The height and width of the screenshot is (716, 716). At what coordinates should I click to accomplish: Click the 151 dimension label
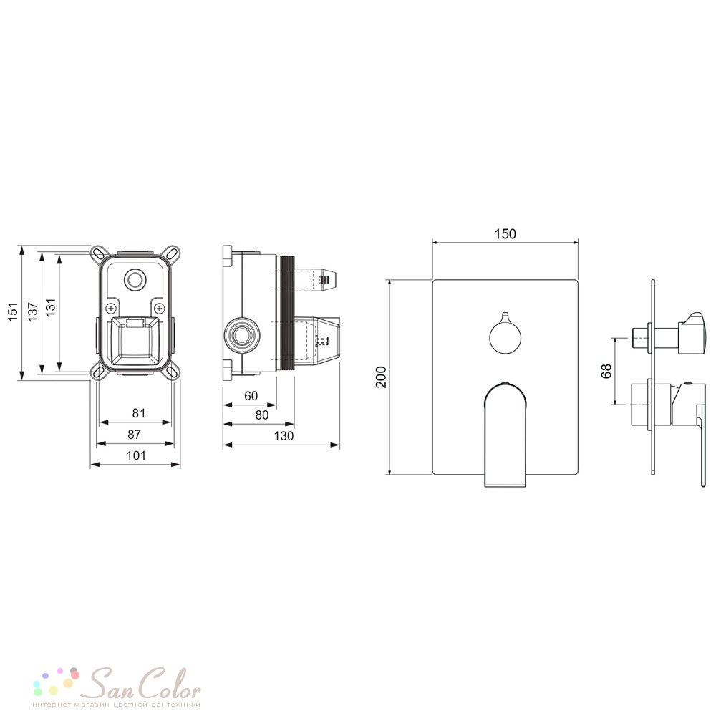(13, 311)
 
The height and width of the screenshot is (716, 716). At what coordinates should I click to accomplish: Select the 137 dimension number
(33, 311)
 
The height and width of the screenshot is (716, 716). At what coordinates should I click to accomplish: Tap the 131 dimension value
(50, 307)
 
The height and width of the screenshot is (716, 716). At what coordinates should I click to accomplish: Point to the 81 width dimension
(138, 413)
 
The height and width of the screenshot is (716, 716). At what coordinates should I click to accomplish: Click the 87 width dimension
(135, 435)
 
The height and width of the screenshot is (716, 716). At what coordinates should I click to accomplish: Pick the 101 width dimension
(136, 455)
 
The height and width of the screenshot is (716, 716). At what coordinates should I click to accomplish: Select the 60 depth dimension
(251, 396)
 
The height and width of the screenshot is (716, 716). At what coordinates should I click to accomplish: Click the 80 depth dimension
(261, 415)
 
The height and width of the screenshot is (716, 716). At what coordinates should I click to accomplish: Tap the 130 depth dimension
(284, 436)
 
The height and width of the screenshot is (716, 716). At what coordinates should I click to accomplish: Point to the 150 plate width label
(505, 234)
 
